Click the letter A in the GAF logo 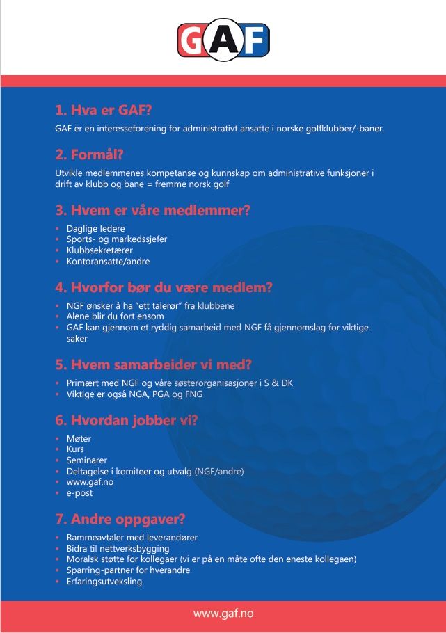(223, 40)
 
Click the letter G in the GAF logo (191, 40)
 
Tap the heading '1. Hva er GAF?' (104, 110)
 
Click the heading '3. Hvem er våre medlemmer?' (152, 210)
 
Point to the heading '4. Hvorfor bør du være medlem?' (164, 287)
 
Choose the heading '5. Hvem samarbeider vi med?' (153, 364)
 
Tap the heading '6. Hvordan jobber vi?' (127, 420)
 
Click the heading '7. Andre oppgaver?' (120, 520)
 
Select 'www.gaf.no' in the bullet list (90, 482)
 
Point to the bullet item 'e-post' (79, 493)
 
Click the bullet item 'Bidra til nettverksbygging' (118, 548)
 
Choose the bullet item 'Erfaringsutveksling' (104, 581)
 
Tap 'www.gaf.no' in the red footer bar (223, 613)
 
